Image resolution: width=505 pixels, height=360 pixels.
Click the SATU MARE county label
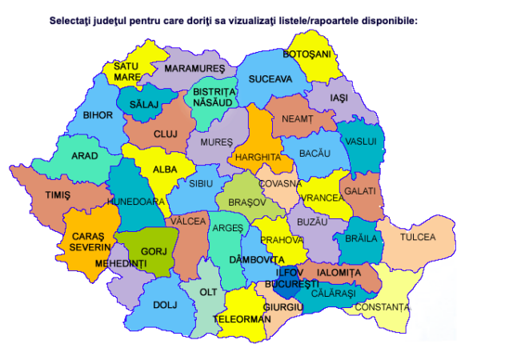coord(126,71)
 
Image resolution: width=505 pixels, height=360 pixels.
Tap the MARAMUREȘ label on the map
coord(193,69)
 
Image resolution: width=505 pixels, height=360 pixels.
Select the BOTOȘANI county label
coord(307,54)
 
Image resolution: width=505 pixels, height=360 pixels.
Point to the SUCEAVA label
coord(270,80)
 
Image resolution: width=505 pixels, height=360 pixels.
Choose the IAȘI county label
coord(339,97)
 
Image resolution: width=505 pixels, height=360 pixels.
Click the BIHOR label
coord(98,115)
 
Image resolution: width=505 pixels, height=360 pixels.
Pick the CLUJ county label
coord(165,134)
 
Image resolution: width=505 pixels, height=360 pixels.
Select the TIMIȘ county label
coord(58,195)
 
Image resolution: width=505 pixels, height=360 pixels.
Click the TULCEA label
coord(418,238)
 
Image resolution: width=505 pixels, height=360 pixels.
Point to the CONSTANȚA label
coord(383,307)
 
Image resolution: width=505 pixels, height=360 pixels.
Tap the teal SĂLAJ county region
coord(145,104)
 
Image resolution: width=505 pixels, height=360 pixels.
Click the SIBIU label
coord(201,183)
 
